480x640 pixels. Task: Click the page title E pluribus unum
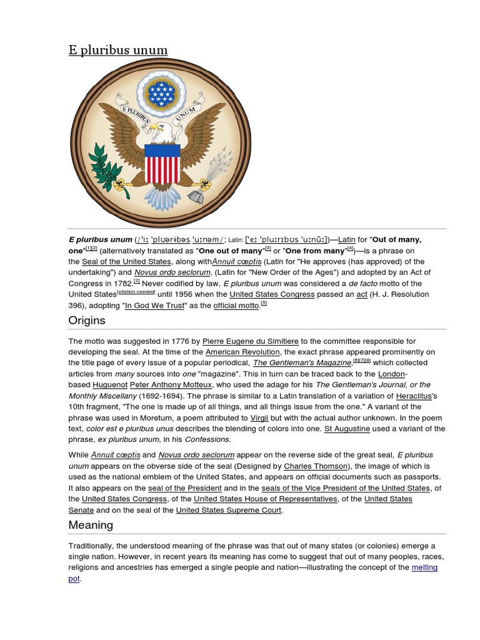click(118, 50)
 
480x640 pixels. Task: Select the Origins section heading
click(87, 321)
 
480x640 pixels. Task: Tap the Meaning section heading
click(91, 525)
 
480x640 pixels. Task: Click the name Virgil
click(259, 417)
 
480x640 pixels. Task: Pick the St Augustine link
click(347, 429)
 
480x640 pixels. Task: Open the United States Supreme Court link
click(229, 511)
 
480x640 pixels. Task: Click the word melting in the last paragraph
click(424, 567)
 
